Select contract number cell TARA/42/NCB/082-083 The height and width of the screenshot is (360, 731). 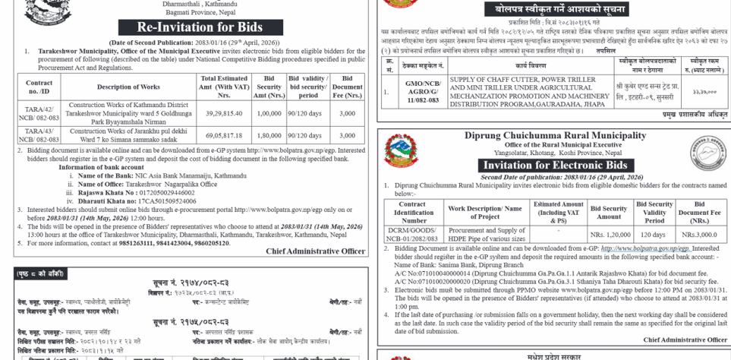(39, 113)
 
